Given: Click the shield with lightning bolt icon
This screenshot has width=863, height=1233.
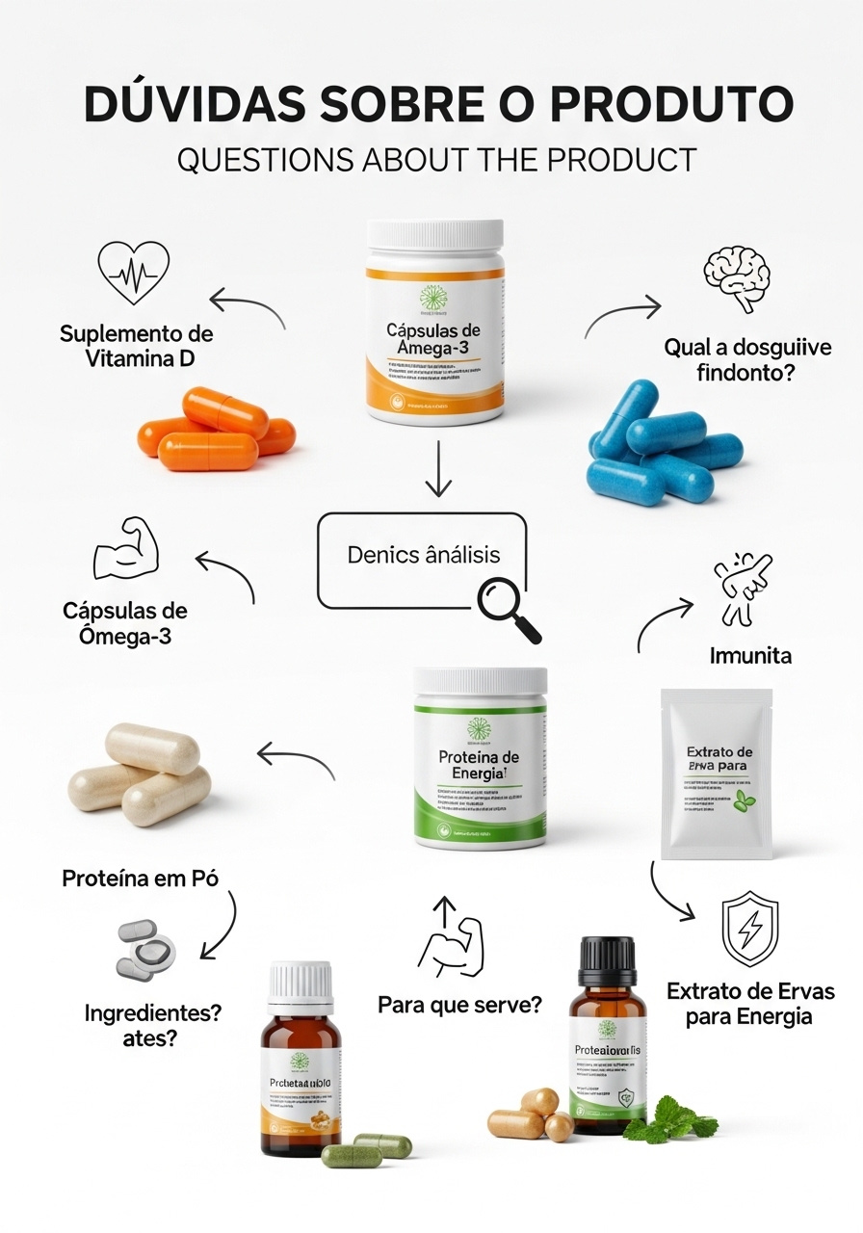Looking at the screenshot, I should coord(750,929).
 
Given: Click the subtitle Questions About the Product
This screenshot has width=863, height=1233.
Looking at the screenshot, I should coord(436,159).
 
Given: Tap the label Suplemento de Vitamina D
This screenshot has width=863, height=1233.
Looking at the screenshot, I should coord(136,347).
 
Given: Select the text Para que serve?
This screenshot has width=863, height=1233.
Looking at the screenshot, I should coord(458,1005).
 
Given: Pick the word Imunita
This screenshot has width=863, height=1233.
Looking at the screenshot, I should coord(749,656).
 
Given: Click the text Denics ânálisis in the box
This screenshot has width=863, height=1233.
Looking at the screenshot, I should coord(424,556).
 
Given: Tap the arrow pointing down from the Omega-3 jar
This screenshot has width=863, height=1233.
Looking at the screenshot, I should coord(438,469).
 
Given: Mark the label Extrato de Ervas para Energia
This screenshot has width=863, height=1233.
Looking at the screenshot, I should coord(750,1003).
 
